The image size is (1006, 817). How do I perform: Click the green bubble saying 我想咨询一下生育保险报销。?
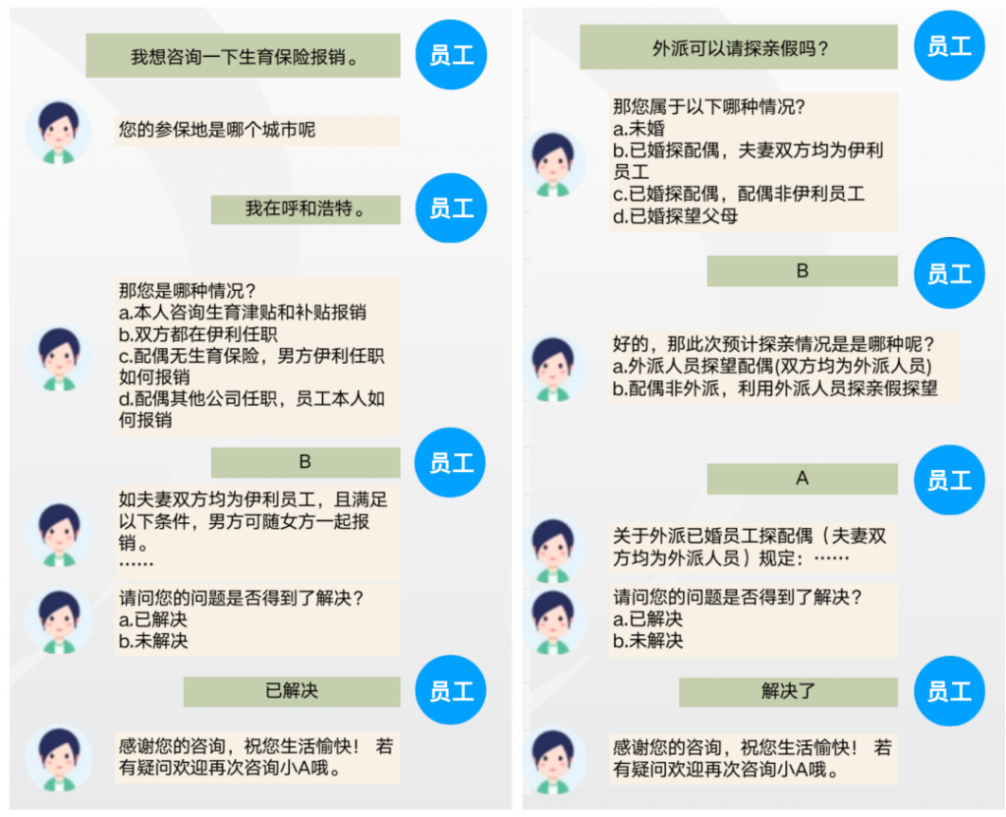coord(243,56)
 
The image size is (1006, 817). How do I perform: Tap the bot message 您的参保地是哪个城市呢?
coord(217,130)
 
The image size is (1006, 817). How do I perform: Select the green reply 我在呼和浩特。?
coord(306,208)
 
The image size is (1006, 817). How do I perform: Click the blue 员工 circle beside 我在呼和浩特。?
coord(451,207)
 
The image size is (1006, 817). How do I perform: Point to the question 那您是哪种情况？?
coord(187,291)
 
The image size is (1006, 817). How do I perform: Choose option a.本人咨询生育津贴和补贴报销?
coord(242,313)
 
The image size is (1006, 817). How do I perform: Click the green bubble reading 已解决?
coord(292,691)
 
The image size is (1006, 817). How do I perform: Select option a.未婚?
coord(639,129)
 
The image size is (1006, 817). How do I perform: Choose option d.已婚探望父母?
coord(675,216)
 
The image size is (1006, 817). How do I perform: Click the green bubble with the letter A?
coord(803,479)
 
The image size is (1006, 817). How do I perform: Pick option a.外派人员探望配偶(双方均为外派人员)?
coord(772,367)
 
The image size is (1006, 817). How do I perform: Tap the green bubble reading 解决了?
coord(788,691)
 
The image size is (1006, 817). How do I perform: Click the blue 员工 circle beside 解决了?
coord(949,691)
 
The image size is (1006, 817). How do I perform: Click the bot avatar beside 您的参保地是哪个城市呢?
coord(59,131)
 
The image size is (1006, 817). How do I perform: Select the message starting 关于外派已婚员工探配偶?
coord(750,547)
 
